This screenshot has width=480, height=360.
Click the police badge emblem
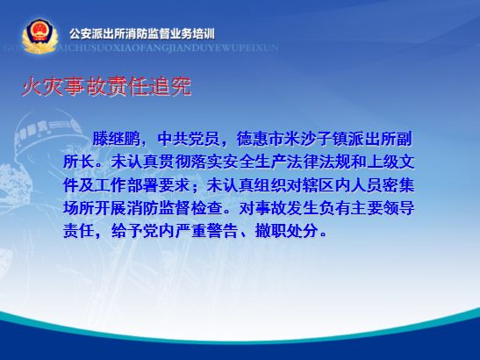(x=39, y=36)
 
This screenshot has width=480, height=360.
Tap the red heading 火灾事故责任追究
(x=106, y=86)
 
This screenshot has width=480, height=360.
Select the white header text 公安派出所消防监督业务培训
(x=142, y=34)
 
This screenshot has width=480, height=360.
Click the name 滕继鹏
(x=117, y=139)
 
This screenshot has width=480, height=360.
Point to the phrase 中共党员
(x=189, y=139)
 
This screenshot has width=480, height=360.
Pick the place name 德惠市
(x=260, y=139)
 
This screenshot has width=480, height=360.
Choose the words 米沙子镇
(x=316, y=139)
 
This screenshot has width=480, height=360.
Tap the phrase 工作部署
(x=126, y=185)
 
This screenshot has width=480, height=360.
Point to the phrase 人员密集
(x=383, y=185)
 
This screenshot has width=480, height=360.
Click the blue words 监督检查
(x=191, y=208)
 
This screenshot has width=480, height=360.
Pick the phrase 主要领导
(x=383, y=208)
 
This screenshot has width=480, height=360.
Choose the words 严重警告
(x=207, y=231)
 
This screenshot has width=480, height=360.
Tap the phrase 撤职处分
(x=287, y=231)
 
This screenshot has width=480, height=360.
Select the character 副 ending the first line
(x=405, y=139)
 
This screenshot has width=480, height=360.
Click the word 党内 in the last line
(x=159, y=231)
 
